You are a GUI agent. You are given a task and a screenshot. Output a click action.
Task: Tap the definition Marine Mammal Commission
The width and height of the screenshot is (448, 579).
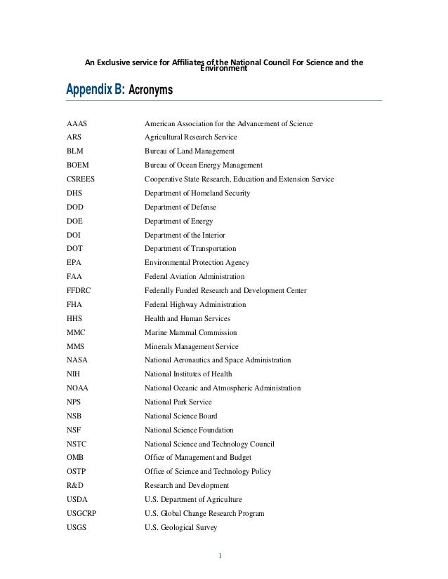coord(190,332)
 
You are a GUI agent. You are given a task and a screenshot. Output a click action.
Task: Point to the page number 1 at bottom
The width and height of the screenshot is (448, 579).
coord(220,557)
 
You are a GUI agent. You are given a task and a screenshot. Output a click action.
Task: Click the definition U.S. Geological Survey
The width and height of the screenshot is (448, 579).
coord(180,527)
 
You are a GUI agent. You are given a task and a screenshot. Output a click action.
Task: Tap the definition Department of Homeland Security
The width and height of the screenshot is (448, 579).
coord(197,193)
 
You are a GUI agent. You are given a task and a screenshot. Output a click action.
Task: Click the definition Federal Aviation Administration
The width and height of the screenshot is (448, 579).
coord(195,277)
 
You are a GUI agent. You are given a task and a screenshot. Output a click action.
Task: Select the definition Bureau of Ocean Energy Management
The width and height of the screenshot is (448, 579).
coord(203,165)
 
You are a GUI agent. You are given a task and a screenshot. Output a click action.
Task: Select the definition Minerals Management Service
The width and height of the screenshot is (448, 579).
coord(191,346)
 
